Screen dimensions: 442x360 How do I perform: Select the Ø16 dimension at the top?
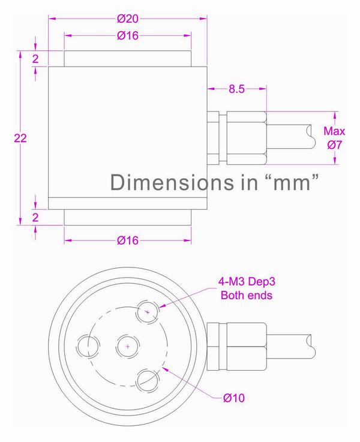(128, 36)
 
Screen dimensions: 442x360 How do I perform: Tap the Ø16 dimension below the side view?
(128, 240)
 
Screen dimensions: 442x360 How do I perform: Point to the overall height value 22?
(20, 137)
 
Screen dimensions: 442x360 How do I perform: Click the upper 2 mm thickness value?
(36, 59)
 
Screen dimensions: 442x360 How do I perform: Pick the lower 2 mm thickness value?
(36, 217)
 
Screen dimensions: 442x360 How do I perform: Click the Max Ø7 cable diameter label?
(334, 137)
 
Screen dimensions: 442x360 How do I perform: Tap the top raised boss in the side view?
(128, 59)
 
